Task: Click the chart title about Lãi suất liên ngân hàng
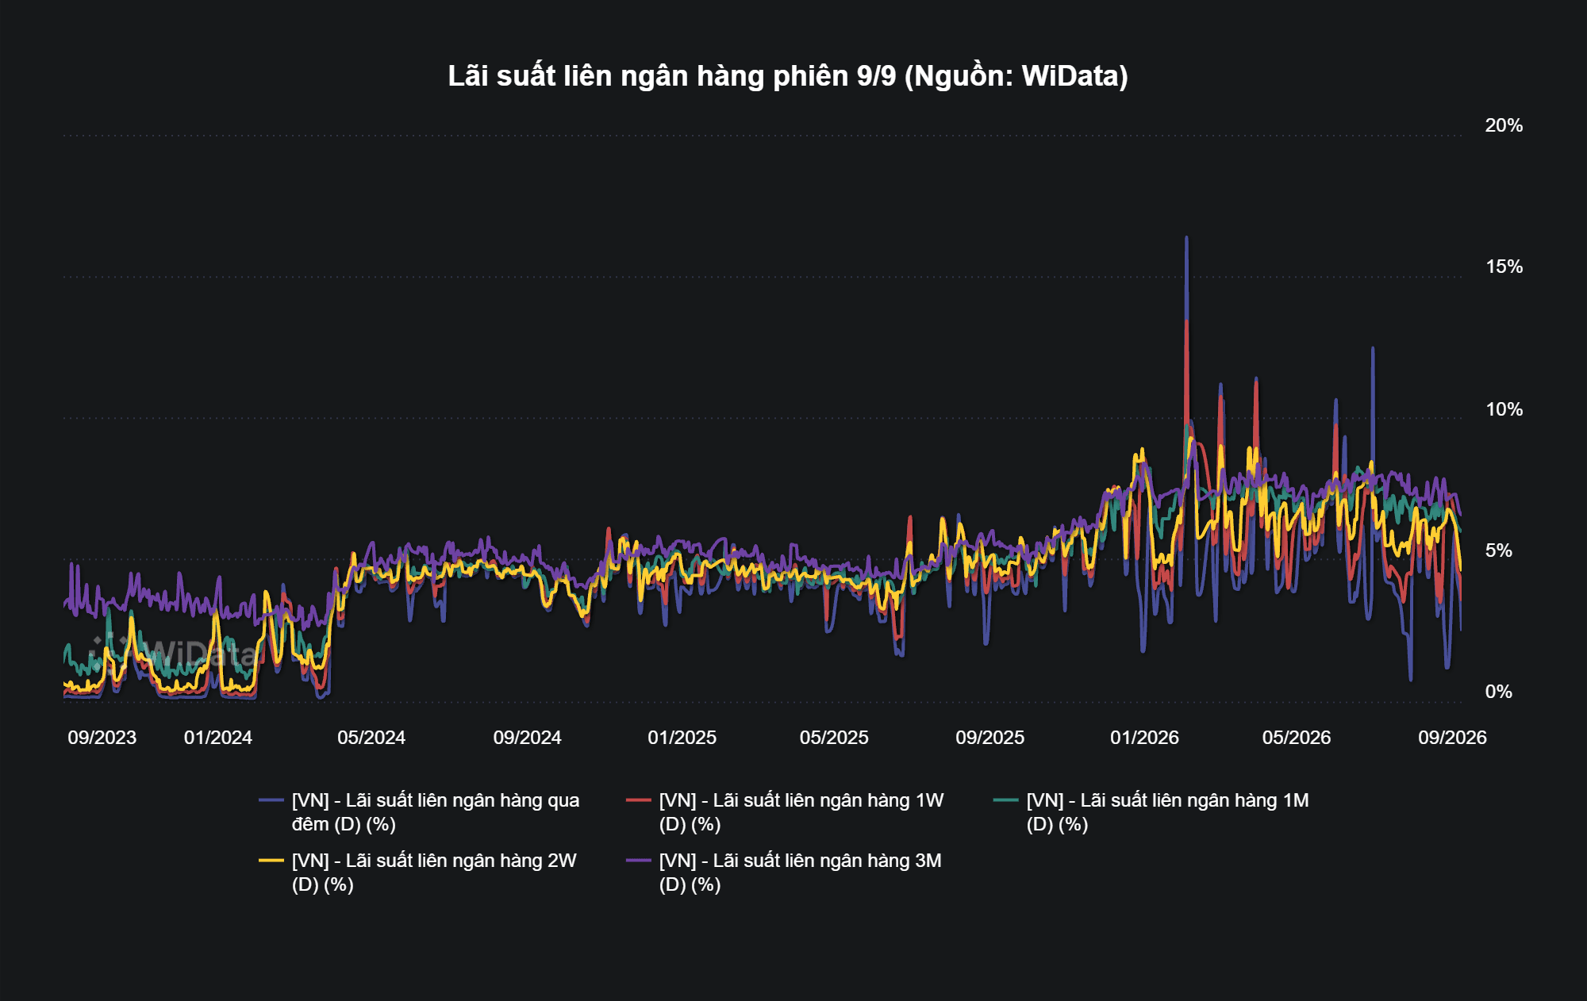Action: click(x=787, y=76)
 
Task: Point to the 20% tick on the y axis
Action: click(x=1504, y=125)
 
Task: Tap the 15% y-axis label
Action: click(x=1504, y=267)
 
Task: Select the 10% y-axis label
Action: click(x=1504, y=409)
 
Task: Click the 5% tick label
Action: click(x=1498, y=550)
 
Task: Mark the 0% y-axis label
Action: click(x=1498, y=692)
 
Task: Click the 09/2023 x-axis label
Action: click(x=102, y=738)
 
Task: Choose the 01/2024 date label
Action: click(x=218, y=738)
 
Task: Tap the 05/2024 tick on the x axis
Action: click(x=371, y=738)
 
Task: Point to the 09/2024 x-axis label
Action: click(x=528, y=738)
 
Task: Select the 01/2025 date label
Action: click(x=682, y=738)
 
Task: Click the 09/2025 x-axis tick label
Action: click(x=990, y=738)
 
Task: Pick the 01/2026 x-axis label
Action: click(x=1145, y=738)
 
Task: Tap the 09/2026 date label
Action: click(x=1453, y=738)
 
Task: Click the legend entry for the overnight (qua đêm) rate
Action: click(x=420, y=812)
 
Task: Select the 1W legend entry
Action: click(x=786, y=812)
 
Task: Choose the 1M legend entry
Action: click(x=1151, y=812)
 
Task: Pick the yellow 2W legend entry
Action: click(x=418, y=873)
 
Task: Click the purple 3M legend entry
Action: click(x=784, y=873)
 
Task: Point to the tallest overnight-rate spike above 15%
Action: click(x=1186, y=238)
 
